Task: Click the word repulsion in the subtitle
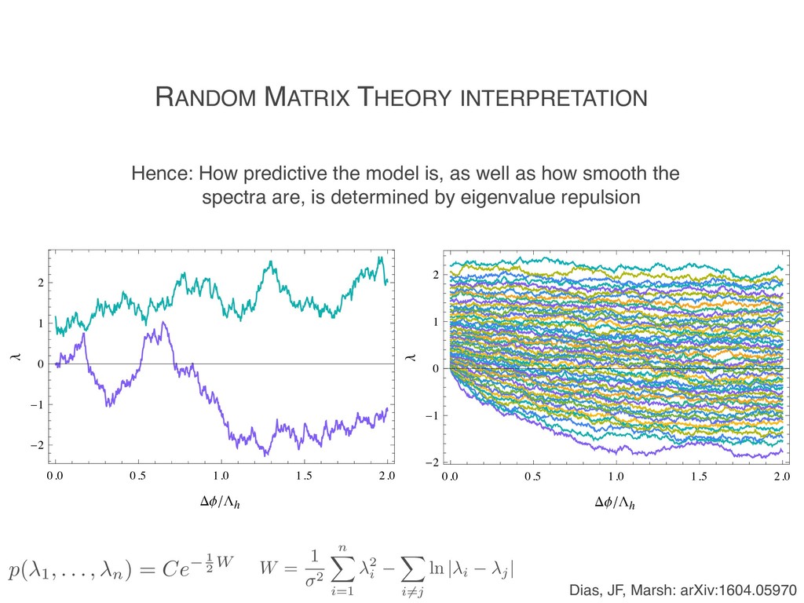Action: [601, 197]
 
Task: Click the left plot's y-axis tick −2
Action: [37, 446]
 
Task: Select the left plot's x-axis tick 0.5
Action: [137, 477]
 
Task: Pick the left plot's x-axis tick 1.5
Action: [303, 477]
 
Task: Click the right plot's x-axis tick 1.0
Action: [616, 477]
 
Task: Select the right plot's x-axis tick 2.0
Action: [781, 477]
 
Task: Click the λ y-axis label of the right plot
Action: [409, 359]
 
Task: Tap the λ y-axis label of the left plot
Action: [13, 359]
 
